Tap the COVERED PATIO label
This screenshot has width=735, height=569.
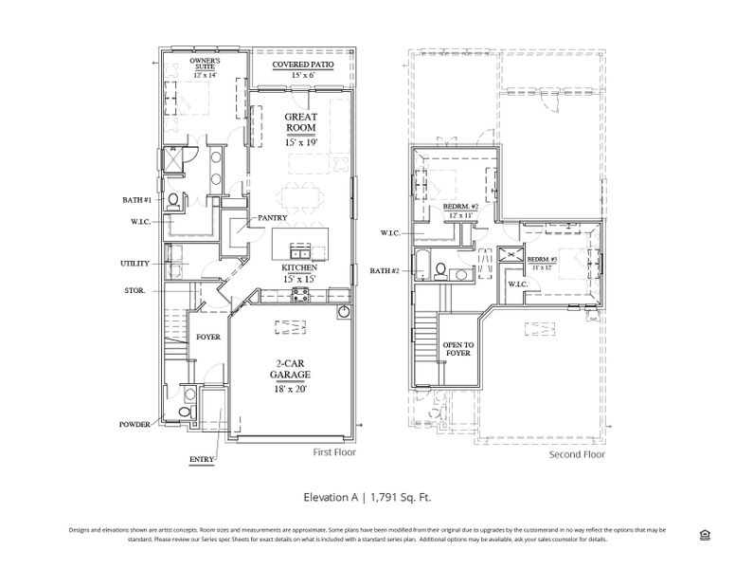click(x=300, y=64)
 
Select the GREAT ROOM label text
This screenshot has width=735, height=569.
click(x=300, y=123)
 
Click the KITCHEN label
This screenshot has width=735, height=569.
click(x=299, y=268)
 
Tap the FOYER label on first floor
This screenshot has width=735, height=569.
click(x=208, y=337)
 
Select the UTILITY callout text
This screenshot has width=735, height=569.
click(x=134, y=263)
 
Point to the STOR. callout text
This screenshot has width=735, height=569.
click(x=134, y=290)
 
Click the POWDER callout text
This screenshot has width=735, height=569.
click(x=134, y=424)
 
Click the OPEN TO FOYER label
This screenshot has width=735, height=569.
click(x=458, y=349)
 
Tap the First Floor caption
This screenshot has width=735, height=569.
click(x=337, y=453)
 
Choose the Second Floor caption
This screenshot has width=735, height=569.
click(x=577, y=454)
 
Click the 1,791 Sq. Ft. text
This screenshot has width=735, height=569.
click(x=396, y=496)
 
